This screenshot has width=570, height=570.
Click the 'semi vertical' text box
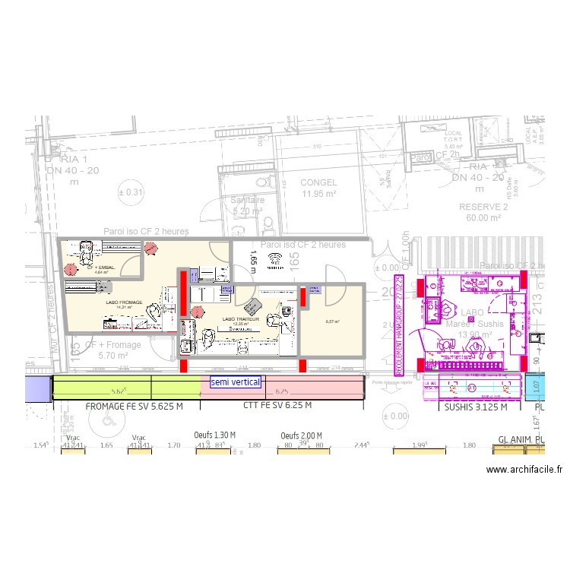pos(236,382)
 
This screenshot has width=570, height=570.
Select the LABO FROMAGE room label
pos(124,302)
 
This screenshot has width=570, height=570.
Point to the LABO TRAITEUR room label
pos(241,320)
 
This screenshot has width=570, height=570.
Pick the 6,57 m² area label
pos(332,321)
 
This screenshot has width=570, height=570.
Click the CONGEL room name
pos(318,183)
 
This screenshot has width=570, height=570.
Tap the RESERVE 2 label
pos(483,207)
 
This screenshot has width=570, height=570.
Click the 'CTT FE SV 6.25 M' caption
pos(278,407)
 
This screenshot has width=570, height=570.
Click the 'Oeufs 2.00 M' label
pos(301,435)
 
